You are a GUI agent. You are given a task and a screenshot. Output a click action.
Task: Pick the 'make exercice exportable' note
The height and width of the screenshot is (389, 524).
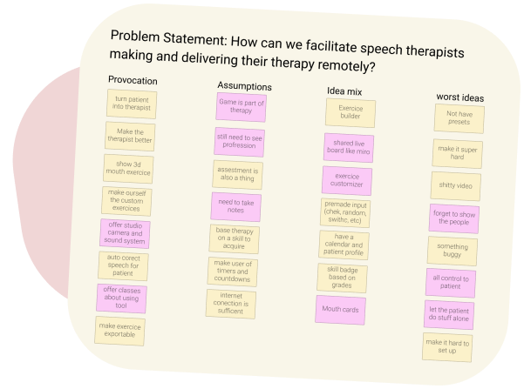click(x=120, y=331)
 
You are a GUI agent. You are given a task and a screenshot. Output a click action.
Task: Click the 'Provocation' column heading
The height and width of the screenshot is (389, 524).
click(x=133, y=80)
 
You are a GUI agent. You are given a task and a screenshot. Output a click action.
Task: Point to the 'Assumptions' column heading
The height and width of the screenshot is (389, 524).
click(x=244, y=86)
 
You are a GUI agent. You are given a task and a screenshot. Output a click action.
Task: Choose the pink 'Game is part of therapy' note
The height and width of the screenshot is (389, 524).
click(x=242, y=106)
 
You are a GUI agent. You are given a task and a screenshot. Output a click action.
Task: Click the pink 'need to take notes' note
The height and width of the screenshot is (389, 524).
click(x=236, y=206)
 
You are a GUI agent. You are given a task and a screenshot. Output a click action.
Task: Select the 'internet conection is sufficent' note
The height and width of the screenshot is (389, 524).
click(x=231, y=302)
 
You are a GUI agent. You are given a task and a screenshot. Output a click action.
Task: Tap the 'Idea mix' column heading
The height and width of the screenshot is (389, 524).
click(x=344, y=91)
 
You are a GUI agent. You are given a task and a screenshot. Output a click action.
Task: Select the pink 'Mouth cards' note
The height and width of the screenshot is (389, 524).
click(x=341, y=309)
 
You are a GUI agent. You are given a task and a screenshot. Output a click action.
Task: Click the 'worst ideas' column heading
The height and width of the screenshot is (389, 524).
click(x=459, y=97)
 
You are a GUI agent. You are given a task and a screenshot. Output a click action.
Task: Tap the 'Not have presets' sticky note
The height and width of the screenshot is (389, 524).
click(x=458, y=118)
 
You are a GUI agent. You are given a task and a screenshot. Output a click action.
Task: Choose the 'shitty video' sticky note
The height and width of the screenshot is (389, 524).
click(x=454, y=185)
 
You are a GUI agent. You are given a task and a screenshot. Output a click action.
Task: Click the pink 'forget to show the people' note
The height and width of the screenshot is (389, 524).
click(x=454, y=218)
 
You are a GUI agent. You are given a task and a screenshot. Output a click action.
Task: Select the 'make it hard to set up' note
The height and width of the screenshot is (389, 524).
click(x=447, y=346)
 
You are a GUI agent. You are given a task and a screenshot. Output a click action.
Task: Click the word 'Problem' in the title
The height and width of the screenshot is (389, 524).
click(x=137, y=38)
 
